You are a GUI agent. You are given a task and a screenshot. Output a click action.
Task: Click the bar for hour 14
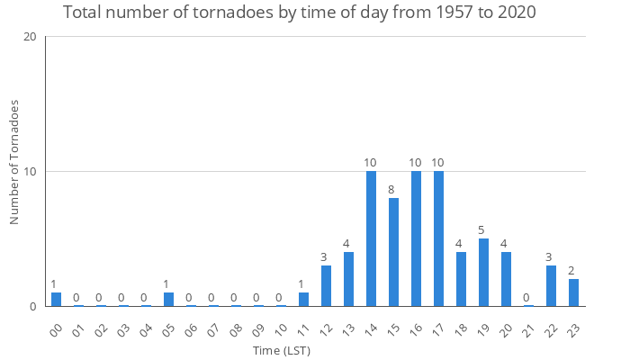(371, 238)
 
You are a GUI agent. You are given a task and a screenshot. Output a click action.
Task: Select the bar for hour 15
(393, 252)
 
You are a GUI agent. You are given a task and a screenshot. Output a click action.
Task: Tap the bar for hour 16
(416, 238)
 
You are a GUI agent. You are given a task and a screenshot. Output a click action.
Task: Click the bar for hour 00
(56, 300)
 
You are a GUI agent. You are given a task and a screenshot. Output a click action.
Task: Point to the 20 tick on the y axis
(30, 37)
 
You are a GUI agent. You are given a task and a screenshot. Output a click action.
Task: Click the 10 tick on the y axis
(30, 172)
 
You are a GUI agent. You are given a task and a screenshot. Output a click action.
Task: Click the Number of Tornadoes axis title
(14, 163)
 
